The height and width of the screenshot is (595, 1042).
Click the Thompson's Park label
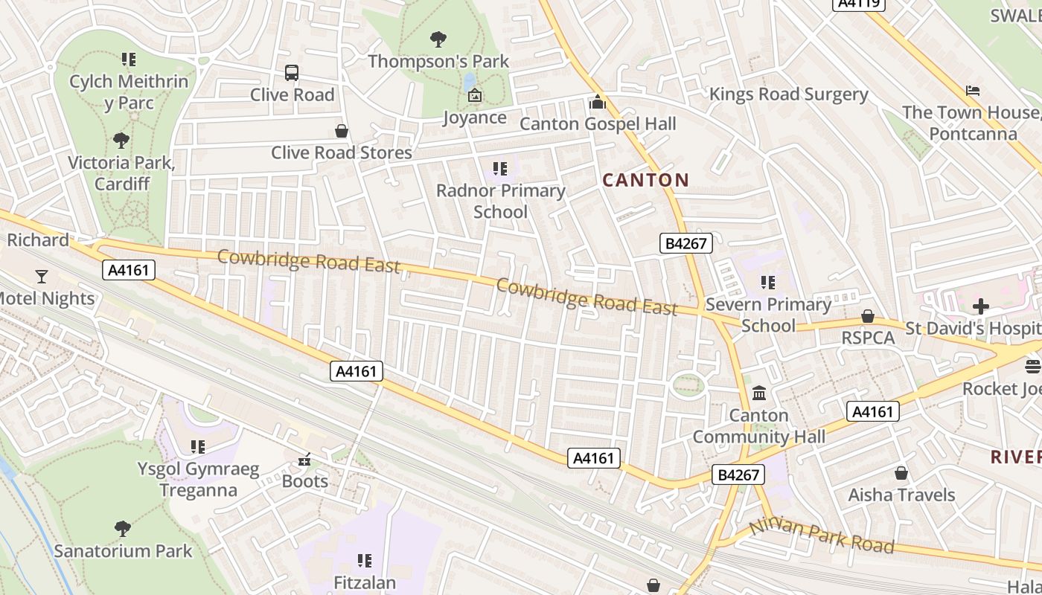tap(438, 61)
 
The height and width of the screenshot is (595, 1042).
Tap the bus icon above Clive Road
tap(292, 73)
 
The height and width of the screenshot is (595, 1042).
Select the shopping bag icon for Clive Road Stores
tap(342, 132)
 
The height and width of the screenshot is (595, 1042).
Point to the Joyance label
tap(475, 118)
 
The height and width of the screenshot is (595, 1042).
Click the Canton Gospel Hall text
tap(598, 123)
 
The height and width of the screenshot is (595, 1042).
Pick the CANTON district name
tap(645, 180)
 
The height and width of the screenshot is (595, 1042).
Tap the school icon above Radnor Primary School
tap(500, 169)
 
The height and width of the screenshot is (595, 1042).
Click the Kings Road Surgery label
tap(788, 94)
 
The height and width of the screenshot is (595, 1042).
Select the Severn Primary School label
tap(768, 315)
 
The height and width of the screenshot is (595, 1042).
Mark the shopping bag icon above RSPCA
tap(867, 316)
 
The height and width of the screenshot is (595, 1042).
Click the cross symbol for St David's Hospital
tap(981, 306)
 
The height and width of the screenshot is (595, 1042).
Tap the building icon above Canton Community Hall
tap(759, 393)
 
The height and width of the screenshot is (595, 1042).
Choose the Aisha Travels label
tap(901, 495)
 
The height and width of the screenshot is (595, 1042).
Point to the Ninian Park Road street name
tap(822, 535)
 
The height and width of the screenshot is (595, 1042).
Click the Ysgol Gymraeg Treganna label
tap(198, 480)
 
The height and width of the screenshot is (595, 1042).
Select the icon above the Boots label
tap(304, 460)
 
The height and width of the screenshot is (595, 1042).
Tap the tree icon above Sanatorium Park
tap(123, 529)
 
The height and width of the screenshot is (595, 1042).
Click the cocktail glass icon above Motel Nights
tap(41, 277)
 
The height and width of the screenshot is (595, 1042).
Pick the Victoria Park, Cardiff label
tap(121, 173)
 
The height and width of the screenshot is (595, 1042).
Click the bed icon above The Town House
tap(972, 91)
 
